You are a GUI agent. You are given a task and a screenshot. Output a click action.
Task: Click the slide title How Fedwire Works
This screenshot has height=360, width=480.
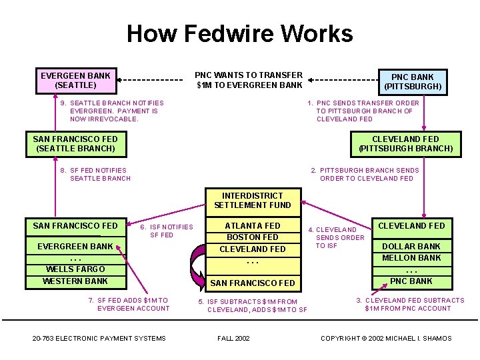point(240,33)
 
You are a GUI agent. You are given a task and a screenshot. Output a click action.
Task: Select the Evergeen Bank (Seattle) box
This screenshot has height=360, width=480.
point(75,80)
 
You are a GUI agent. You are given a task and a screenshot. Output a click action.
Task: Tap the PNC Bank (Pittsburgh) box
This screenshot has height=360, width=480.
point(413,81)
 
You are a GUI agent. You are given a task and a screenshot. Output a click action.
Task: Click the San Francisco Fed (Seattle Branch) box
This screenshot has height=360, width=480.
point(75,143)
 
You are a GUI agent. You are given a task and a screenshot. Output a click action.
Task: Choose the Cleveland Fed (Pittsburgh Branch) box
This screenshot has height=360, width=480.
point(405,143)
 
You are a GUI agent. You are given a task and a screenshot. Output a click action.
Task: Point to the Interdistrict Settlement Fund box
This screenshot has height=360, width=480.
point(253,200)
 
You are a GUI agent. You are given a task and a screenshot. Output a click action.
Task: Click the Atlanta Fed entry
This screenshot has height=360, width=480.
point(253,226)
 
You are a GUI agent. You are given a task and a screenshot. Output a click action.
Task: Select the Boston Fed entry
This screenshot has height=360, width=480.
point(253,237)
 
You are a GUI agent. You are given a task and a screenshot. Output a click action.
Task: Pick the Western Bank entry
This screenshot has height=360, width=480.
point(75,281)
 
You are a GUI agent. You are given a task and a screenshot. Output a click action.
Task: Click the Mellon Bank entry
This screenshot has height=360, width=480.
point(411,257)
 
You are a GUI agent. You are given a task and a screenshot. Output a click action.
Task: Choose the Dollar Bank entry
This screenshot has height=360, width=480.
point(411,246)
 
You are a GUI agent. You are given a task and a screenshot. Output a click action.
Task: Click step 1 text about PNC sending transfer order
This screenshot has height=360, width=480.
point(363,111)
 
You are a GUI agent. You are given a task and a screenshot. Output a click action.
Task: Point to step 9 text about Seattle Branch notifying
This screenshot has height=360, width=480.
point(112,111)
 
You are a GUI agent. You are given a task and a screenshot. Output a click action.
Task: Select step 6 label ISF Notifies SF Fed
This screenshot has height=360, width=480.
point(167,231)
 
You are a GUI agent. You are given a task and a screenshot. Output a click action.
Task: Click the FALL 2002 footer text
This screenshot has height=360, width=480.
point(233,338)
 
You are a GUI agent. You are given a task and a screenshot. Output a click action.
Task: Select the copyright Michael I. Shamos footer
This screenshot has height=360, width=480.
point(386,338)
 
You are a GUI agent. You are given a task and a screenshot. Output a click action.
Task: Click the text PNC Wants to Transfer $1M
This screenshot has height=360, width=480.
point(249,80)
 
